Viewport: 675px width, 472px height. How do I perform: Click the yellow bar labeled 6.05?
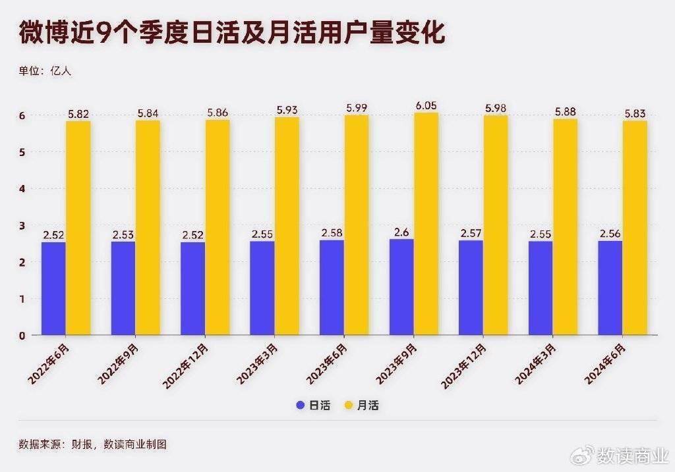tap(426, 224)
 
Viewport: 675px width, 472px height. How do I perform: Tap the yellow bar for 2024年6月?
tap(635, 228)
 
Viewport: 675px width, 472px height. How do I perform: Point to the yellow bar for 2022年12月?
tap(218, 227)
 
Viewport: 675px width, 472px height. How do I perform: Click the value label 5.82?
tap(78, 113)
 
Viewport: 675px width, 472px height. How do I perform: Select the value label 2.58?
tap(332, 233)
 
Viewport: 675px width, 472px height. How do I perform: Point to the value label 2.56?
tap(610, 234)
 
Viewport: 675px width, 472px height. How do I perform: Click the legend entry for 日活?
tap(310, 406)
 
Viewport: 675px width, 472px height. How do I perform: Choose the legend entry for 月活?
tap(362, 406)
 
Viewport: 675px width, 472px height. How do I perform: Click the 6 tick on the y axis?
tap(22, 116)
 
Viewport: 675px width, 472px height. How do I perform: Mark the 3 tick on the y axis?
tap(22, 226)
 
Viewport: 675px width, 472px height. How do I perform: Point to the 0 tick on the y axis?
tap(22, 336)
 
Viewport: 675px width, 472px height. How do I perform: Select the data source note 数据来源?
tap(92, 444)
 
